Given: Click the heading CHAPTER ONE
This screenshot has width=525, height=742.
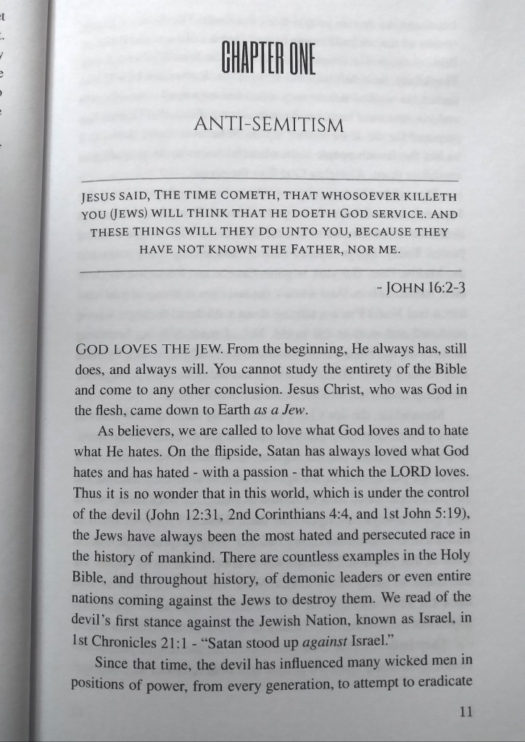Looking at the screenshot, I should click(x=268, y=60).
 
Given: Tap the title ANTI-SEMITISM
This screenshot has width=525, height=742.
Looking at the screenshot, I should click(x=268, y=125).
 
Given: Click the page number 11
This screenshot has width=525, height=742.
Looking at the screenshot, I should click(x=466, y=712).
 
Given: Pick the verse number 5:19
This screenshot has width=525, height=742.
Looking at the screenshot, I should click(x=447, y=514).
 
